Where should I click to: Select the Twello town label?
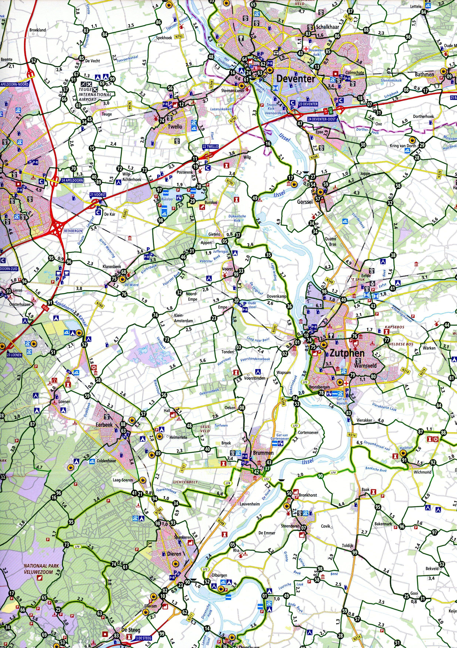175,126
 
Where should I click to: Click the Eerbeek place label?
104,424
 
